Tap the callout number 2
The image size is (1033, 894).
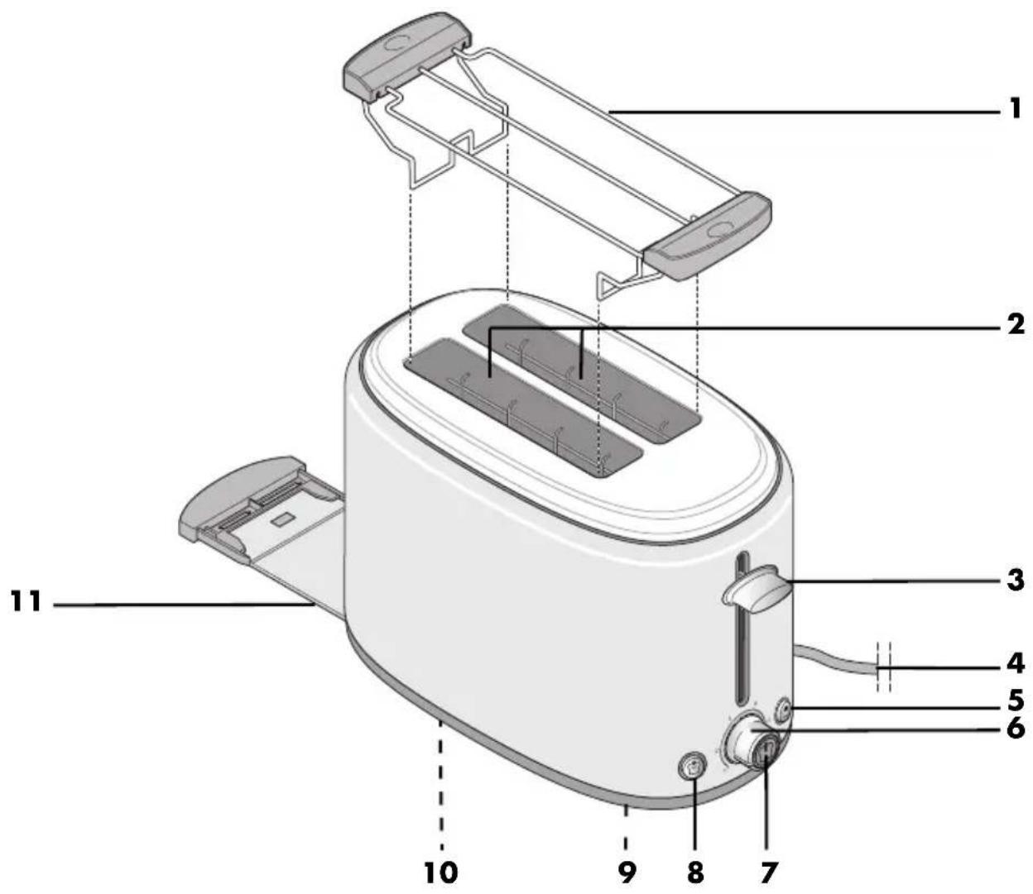pos(1013,325)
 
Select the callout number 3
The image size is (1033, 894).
pos(1015,581)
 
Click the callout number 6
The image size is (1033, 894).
pos(1015,729)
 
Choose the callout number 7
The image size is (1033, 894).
pos(768,872)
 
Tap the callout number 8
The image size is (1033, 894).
pos(695,872)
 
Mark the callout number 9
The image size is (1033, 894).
pos(627,872)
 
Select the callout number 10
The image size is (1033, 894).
pos(441,872)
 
